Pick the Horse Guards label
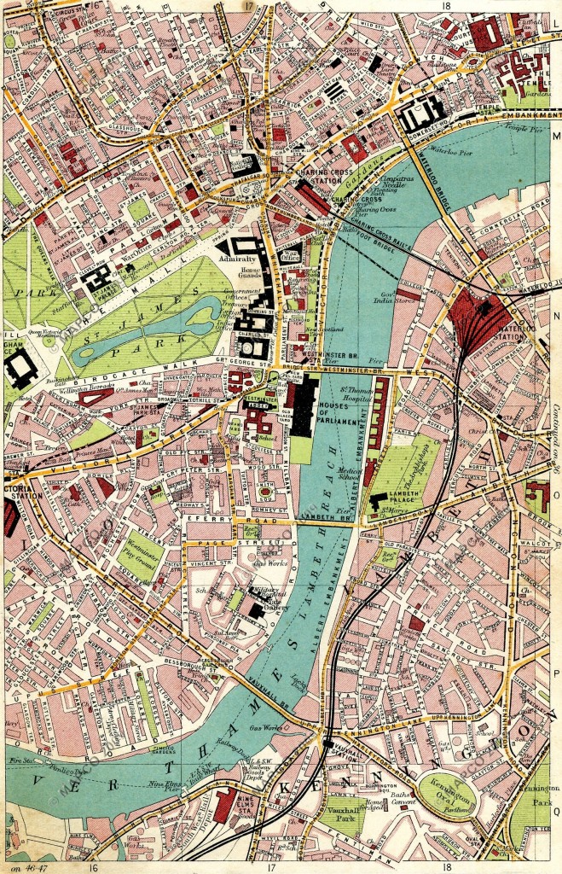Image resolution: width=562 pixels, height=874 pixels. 243,274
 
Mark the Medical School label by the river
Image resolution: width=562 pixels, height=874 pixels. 347,471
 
